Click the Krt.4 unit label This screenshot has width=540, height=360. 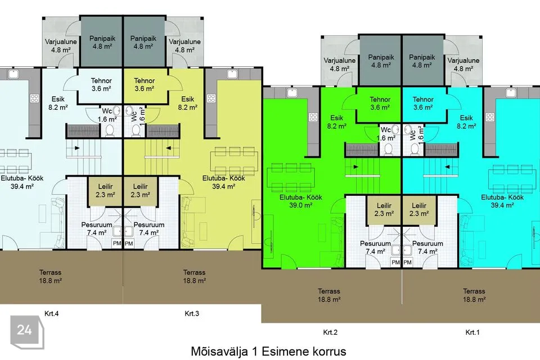point(52,313)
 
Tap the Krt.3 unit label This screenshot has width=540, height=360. point(192,313)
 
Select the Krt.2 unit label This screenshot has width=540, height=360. point(330,332)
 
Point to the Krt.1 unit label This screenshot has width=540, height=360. point(472,332)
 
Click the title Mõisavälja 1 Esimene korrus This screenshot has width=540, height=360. point(269,352)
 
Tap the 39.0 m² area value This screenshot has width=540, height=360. point(300,205)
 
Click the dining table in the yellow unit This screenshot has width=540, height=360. point(234,161)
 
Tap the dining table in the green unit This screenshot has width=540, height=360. point(291,177)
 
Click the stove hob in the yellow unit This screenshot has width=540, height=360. point(211,98)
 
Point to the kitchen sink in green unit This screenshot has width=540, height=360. point(292,92)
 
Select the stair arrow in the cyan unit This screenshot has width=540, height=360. point(448,167)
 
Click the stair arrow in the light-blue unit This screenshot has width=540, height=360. point(77,148)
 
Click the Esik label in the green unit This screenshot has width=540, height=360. point(336,118)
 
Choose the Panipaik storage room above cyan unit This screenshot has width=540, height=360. point(423,61)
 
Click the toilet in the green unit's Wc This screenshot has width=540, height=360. point(389,150)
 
